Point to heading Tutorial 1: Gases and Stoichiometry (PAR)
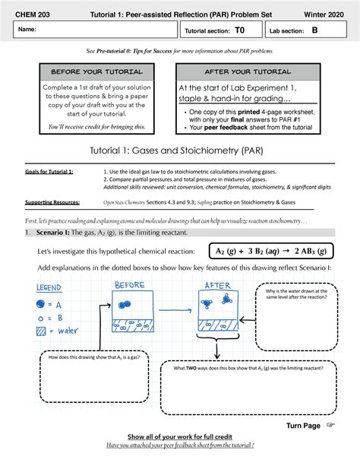(179, 151)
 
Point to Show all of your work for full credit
(179, 437)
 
